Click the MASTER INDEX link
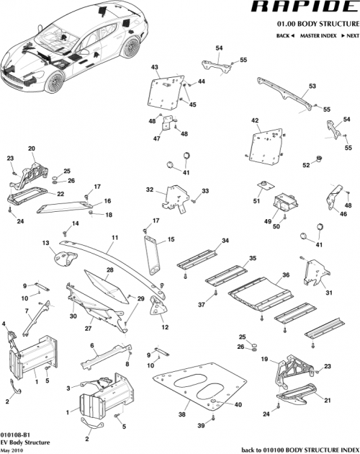pyautogui.click(x=320, y=35)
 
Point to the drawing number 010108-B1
pyautogui.click(x=14, y=435)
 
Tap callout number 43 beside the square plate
pyautogui.click(x=154, y=67)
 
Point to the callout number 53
pyautogui.click(x=312, y=86)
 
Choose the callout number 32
pyautogui.click(x=150, y=190)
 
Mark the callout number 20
pyautogui.click(x=31, y=148)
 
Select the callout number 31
pyautogui.click(x=328, y=293)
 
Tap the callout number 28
pyautogui.click(x=110, y=270)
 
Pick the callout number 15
pyautogui.click(x=171, y=239)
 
